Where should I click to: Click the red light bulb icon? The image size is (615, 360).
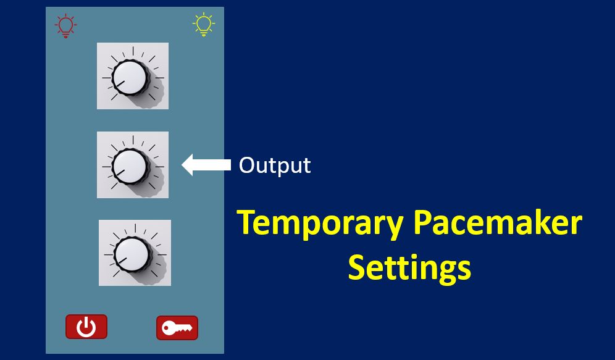[65, 25]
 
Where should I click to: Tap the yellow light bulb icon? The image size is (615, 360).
[204, 24]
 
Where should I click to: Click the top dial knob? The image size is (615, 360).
[130, 77]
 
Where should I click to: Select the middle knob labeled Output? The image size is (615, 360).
[130, 166]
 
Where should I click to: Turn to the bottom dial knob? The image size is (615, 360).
[132, 254]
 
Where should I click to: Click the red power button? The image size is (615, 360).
[86, 326]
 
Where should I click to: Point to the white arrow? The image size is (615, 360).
[206, 165]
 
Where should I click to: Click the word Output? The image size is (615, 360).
[275, 165]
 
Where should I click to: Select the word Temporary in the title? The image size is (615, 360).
[320, 223]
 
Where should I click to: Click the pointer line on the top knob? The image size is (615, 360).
[120, 84]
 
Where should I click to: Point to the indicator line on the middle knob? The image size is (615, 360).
[120, 173]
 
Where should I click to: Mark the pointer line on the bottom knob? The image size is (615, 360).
[122, 261]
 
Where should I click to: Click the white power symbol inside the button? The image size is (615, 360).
[86, 327]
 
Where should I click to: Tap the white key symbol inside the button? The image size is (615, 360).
[177, 328]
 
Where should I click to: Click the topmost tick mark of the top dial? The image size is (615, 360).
[133, 51]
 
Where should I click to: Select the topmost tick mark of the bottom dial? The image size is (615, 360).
[135, 228]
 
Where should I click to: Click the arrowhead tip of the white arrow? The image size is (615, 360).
[182, 165]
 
